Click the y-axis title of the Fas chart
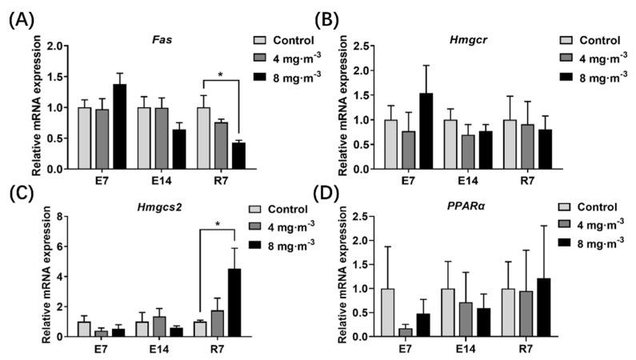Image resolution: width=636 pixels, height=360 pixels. coord(37,107)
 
